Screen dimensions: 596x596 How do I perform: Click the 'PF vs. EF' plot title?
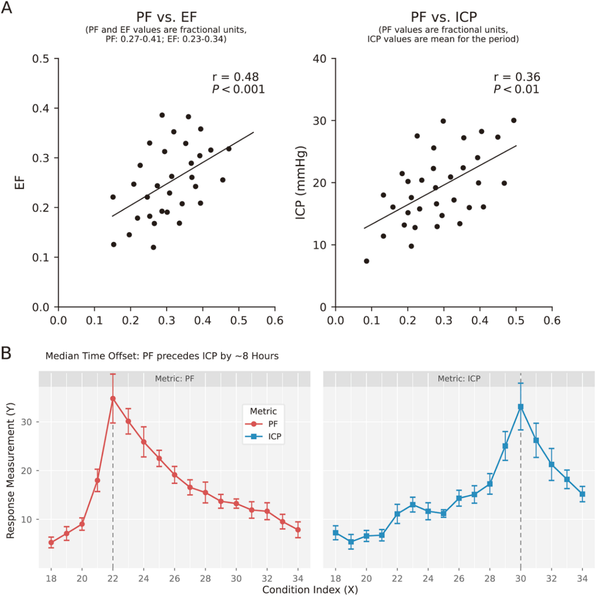pos(167,17)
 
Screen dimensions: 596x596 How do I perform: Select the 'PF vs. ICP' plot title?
pos(444,17)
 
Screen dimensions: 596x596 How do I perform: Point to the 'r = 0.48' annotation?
pos(235,77)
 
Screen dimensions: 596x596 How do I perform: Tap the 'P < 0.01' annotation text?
pos(516,89)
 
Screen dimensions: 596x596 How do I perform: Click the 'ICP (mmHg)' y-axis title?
pos(300,182)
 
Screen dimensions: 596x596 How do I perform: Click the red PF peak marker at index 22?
pos(113,398)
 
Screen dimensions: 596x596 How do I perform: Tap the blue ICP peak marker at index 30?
pos(521,407)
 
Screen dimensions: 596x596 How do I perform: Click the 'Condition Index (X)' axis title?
pos(310,589)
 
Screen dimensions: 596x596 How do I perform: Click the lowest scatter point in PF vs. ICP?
pos(366,261)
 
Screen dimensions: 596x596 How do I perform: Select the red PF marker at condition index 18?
pos(51,542)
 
